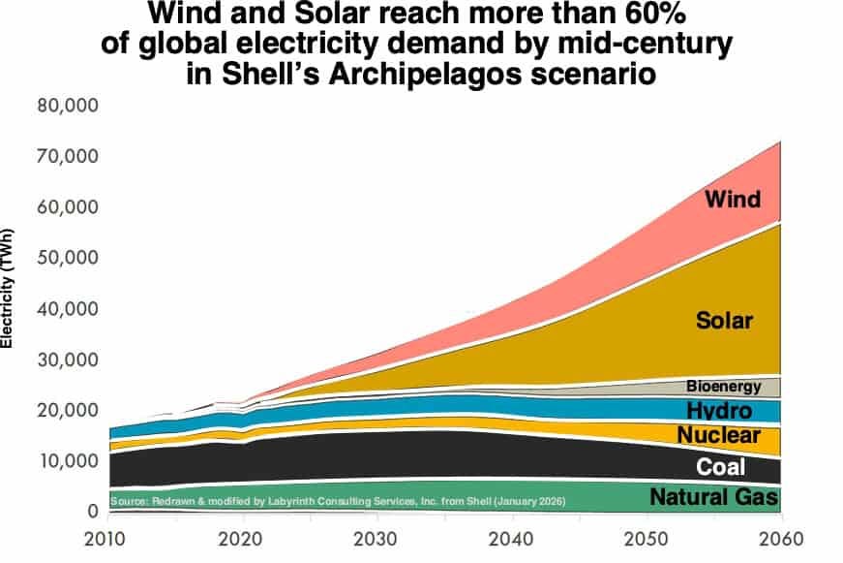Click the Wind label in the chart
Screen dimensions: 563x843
point(732,200)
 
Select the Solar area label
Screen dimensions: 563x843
point(725,320)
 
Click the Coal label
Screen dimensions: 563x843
point(722,467)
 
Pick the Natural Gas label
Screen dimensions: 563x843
point(716,499)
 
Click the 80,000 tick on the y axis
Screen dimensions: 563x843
point(71,106)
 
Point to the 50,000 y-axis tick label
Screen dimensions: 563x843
point(71,258)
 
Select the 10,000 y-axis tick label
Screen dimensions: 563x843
point(71,460)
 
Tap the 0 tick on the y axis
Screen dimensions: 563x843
point(92,511)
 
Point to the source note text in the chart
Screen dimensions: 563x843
point(337,502)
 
